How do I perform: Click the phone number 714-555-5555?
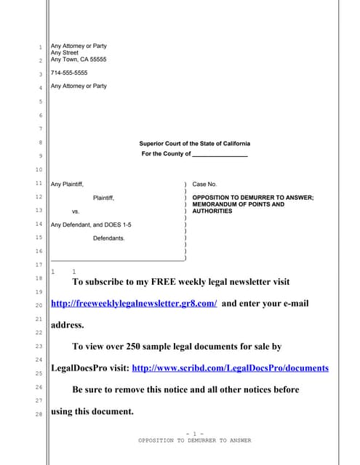(69, 73)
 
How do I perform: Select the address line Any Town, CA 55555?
(79, 60)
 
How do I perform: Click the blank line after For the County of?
(220, 154)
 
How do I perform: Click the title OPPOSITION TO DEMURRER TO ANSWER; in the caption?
(252, 198)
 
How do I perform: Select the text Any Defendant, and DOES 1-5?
(91, 225)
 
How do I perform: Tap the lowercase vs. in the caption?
(76, 211)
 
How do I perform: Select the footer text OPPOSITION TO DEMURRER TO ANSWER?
(194, 440)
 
